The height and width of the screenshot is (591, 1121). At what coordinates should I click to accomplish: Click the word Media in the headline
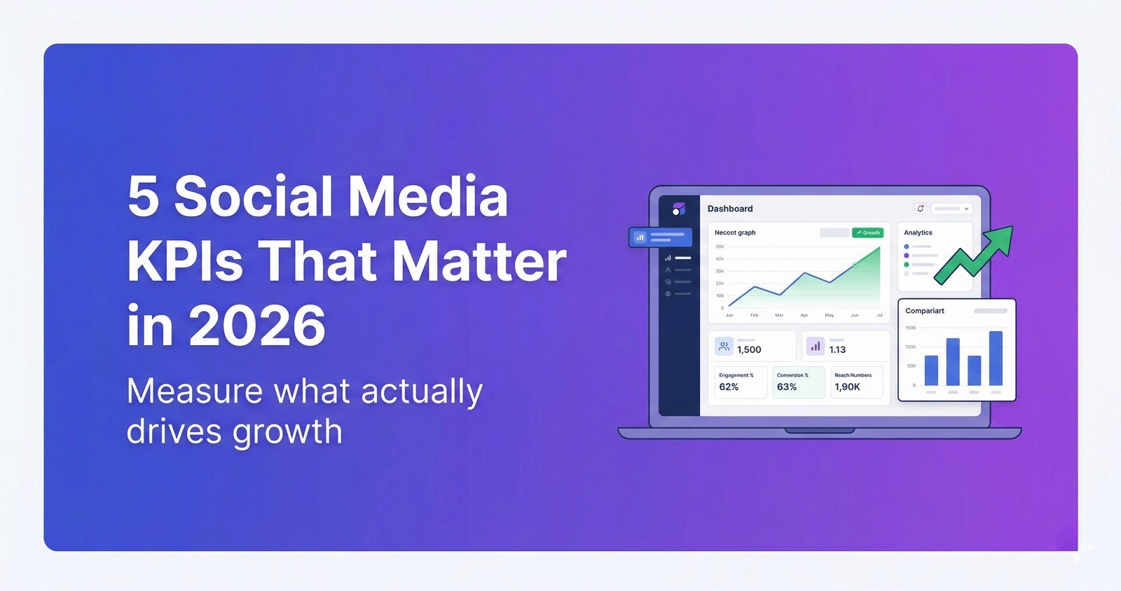[427, 197]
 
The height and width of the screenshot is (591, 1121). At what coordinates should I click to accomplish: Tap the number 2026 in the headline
[257, 326]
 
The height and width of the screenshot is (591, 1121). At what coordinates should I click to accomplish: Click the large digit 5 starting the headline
[143, 197]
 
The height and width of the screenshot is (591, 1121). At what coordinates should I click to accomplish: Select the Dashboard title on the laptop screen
[729, 209]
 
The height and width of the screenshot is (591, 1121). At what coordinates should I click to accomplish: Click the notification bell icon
[920, 209]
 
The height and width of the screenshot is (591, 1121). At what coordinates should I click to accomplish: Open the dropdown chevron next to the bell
[966, 209]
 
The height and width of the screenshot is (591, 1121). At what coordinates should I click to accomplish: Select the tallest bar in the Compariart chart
[996, 358]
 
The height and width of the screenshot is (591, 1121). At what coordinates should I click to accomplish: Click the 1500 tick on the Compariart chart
[910, 328]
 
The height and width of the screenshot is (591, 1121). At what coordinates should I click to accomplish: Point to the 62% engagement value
[729, 387]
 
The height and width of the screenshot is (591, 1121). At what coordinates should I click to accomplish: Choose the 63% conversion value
[787, 387]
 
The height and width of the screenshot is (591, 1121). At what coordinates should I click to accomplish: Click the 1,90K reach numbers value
[847, 387]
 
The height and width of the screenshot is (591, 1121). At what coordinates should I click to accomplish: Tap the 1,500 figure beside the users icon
[749, 349]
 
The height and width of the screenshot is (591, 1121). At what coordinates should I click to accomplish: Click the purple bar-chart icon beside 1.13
[815, 346]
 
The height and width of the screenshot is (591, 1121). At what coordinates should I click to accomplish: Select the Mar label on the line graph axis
[778, 316]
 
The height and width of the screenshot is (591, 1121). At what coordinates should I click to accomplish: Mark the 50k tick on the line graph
[720, 246]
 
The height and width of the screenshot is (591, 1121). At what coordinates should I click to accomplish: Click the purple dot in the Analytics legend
[906, 256]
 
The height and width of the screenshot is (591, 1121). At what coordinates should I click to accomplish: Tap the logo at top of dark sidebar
[678, 209]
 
